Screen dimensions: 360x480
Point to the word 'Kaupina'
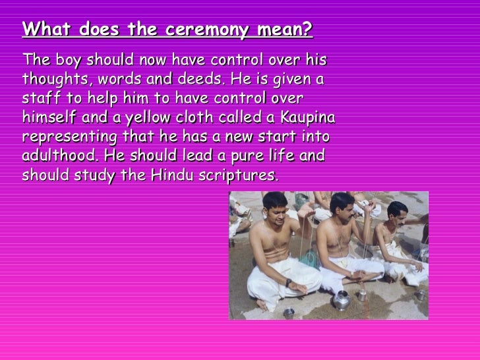(x=308, y=118)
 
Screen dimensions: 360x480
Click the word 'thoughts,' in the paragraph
(x=52, y=80)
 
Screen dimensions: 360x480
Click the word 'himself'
(x=48, y=118)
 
